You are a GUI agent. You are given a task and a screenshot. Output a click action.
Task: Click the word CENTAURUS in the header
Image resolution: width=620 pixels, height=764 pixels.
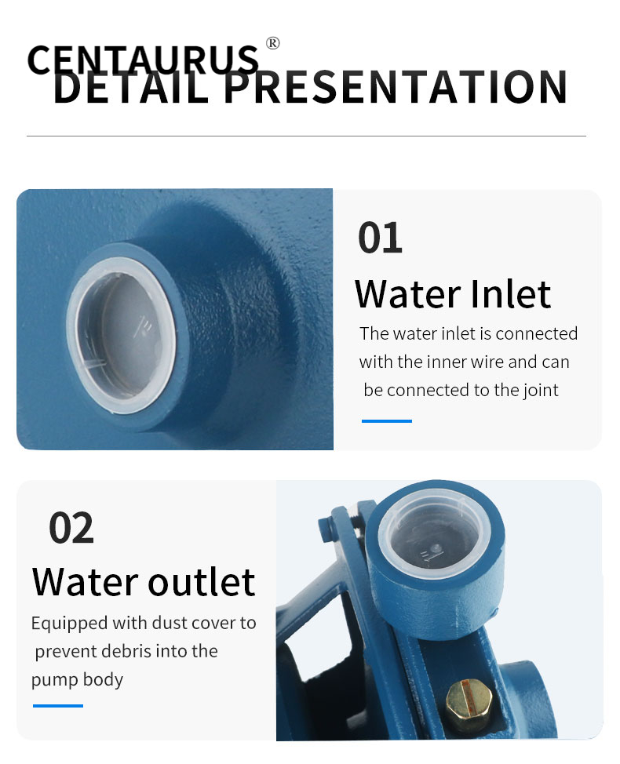143,60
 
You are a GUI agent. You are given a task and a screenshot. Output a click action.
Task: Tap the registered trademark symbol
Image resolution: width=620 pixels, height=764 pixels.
273,43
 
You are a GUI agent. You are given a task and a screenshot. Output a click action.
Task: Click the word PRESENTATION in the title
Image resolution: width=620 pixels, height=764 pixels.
396,87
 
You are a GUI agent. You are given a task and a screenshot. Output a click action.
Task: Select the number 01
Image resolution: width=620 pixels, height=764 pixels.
380,238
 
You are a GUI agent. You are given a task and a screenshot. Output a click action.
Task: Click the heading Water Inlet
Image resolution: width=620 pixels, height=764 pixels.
453,294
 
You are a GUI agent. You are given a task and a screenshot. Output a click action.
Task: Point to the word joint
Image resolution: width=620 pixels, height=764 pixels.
541,391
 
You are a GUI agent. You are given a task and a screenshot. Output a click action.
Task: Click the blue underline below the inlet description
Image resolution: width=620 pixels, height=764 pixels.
387,421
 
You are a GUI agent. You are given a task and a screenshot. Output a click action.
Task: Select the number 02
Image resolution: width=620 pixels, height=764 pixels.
71,528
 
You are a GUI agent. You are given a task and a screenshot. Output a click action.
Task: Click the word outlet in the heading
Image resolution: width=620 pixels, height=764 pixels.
201,582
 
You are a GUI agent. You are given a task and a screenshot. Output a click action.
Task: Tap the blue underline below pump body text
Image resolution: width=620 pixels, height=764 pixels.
58,705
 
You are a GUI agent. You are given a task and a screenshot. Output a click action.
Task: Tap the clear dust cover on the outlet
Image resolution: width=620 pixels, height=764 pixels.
435,533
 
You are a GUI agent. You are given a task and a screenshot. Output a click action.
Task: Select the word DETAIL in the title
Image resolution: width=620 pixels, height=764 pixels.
131,87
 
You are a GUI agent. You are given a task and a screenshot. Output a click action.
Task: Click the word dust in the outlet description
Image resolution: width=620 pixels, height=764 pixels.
170,623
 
